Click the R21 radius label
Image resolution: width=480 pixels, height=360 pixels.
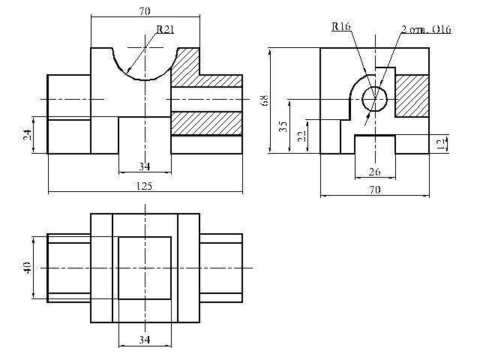tap(165, 29)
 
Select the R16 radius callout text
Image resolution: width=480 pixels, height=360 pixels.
tap(341, 26)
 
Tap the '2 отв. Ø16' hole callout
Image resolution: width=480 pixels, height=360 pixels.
tap(426, 29)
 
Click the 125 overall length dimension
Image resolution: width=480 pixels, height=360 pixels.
tap(144, 186)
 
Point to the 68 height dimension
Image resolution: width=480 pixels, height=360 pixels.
tap(265, 100)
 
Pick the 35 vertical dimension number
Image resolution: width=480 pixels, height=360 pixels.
tap(283, 127)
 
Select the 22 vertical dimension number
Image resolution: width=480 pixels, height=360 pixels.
tap(301, 136)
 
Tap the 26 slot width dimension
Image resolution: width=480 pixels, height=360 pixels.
tap(375, 172)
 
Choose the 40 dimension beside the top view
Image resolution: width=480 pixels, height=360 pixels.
tap(27, 268)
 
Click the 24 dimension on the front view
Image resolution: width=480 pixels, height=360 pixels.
tap(27, 135)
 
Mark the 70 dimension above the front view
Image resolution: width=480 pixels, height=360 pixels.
tap(145, 11)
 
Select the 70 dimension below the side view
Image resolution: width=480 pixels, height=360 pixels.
tap(375, 190)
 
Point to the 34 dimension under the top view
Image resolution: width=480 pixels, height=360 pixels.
tap(145, 340)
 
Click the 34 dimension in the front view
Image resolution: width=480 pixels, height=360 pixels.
tap(145, 166)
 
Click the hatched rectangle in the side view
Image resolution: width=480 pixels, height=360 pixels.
tap(412, 96)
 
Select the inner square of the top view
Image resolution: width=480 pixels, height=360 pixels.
tap(145, 268)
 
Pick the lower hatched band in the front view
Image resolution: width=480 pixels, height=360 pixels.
tap(207, 123)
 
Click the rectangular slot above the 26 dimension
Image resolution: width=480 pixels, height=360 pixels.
tap(375, 144)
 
